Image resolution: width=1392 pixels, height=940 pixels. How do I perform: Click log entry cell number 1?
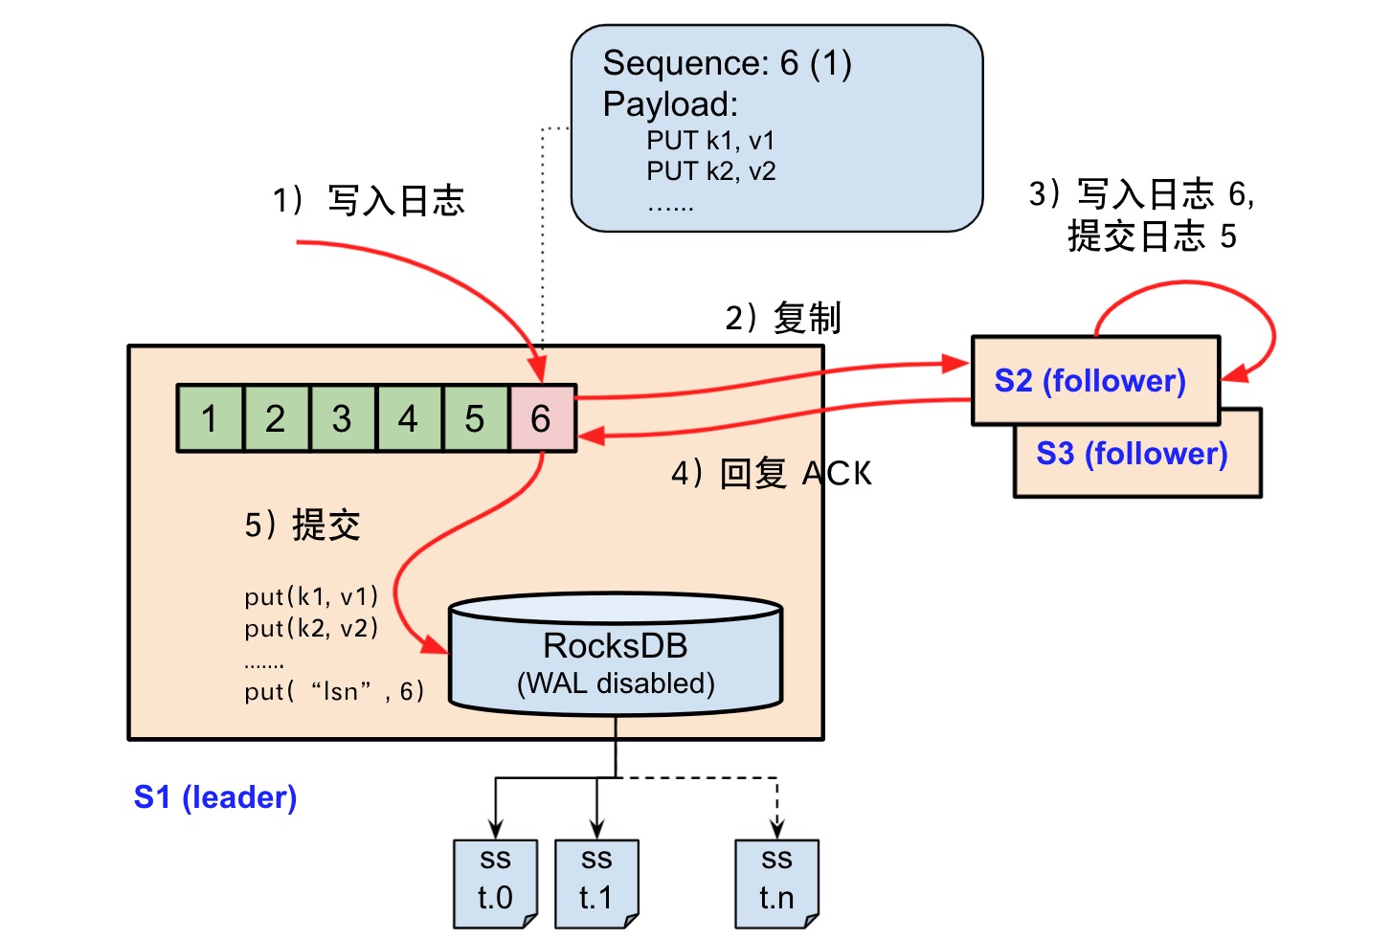coord(210,418)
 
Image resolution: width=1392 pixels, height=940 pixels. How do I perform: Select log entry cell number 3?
coord(342,418)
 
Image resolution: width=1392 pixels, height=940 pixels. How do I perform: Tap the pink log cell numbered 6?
coord(542,418)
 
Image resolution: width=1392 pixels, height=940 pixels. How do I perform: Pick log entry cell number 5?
coord(475,418)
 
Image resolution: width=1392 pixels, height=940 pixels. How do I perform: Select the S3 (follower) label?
coord(1132,454)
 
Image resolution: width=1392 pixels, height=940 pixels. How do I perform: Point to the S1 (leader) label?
coord(215,797)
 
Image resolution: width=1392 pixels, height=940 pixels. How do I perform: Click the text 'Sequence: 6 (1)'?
coord(727,63)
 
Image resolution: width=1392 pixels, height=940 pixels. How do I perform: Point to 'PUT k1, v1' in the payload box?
coord(710,141)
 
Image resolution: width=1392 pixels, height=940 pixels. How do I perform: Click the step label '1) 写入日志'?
coord(369,201)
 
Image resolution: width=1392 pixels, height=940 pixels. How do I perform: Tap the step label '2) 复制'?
coord(783,318)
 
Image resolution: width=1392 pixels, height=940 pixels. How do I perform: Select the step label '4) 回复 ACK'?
coord(772,474)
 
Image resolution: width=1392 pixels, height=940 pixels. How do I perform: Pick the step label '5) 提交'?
coord(303,525)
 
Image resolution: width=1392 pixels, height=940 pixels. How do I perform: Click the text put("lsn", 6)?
coord(334,691)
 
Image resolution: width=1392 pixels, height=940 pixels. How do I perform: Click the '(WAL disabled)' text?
coord(616,683)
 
